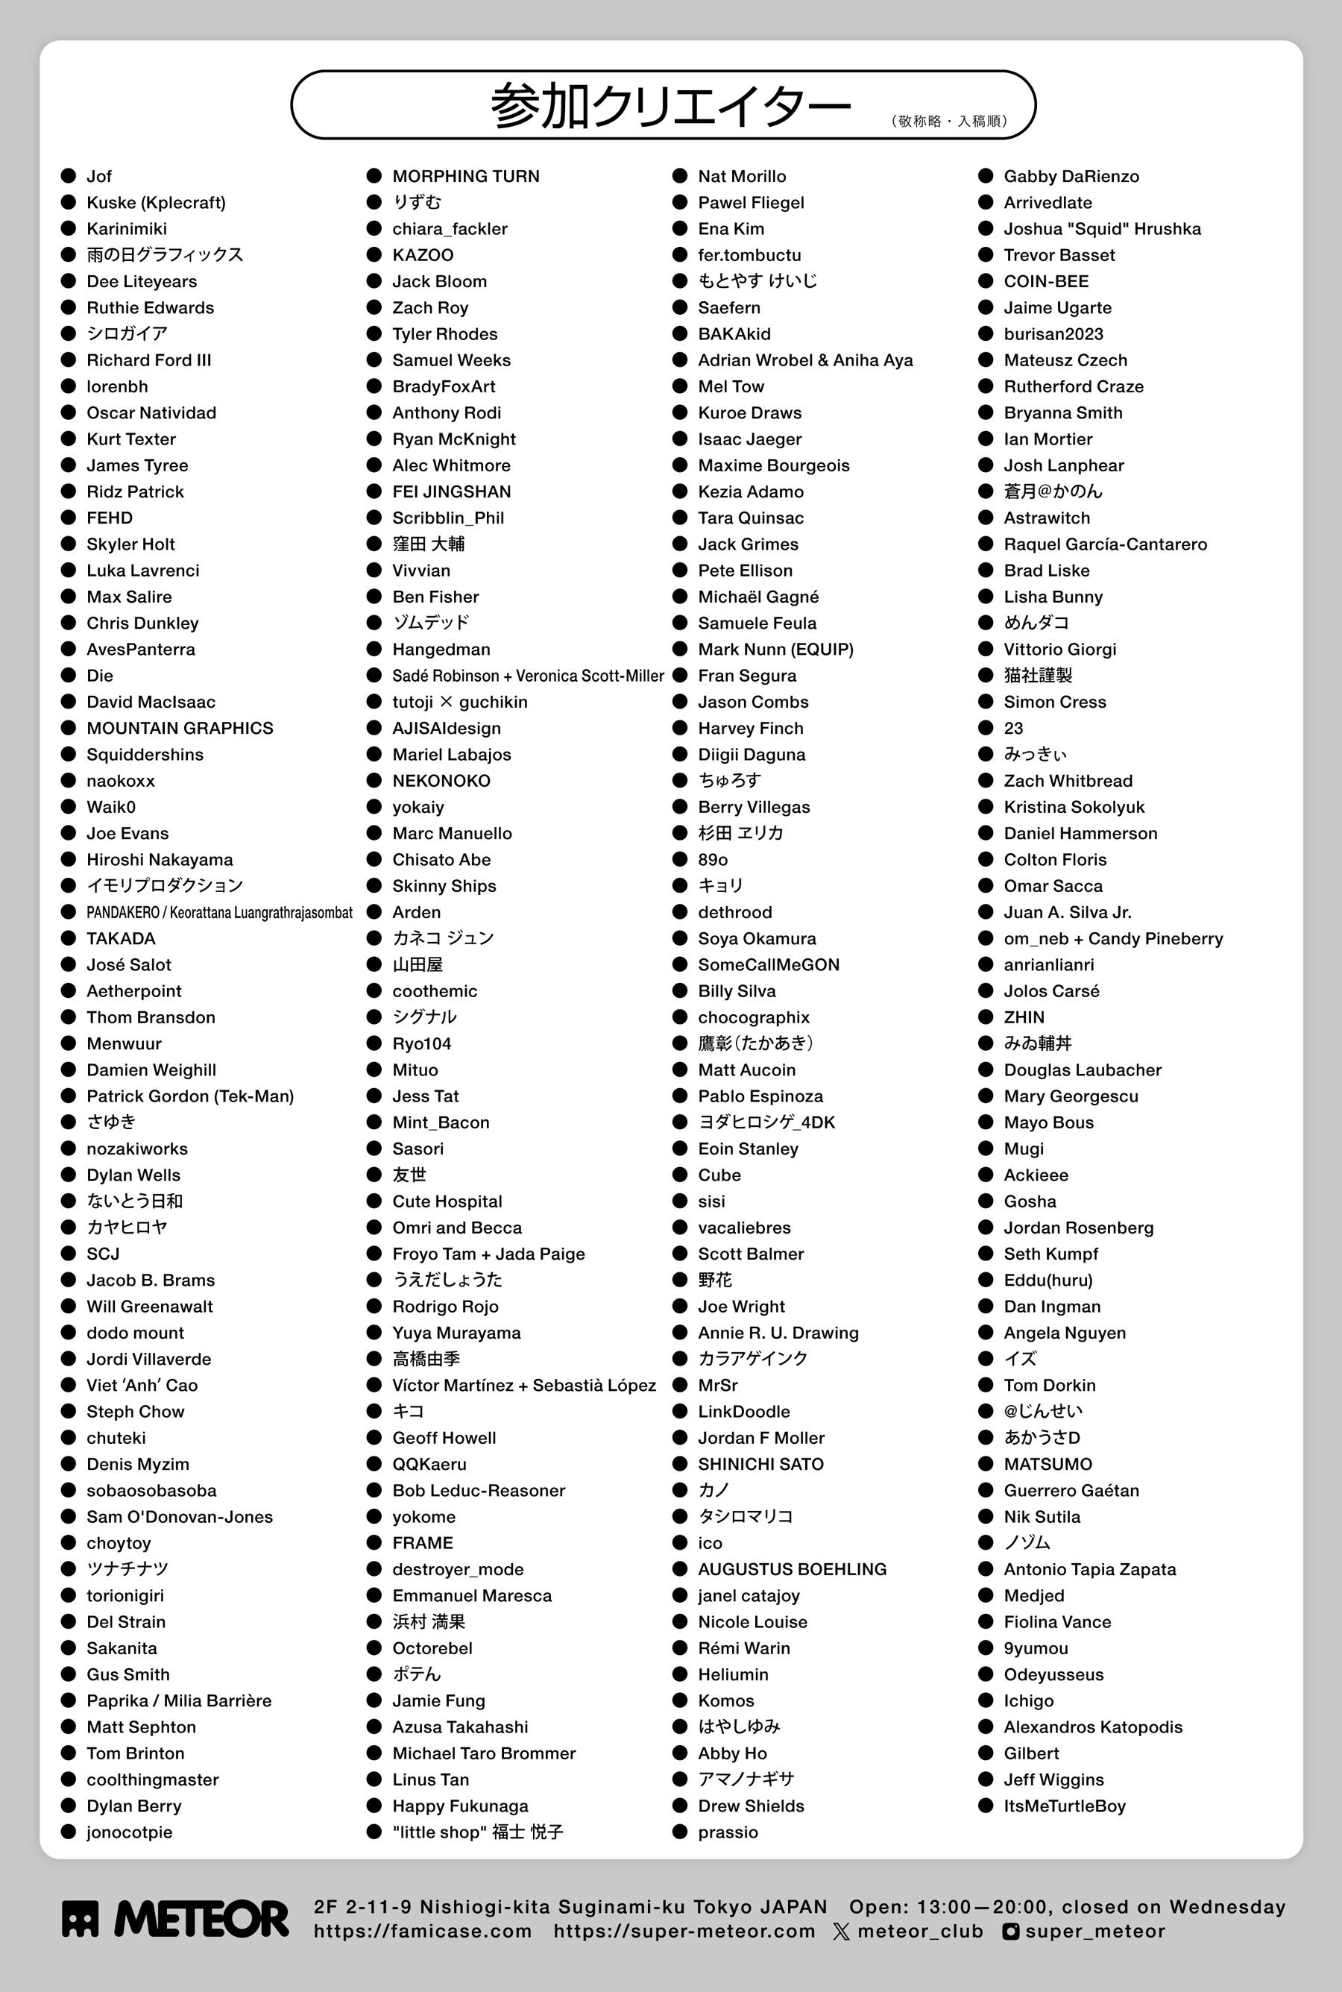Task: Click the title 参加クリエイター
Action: pos(670,105)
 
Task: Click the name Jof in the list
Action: pos(98,176)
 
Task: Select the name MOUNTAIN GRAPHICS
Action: pos(180,729)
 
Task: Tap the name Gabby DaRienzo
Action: pos(1071,176)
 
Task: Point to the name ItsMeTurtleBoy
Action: pos(1064,1806)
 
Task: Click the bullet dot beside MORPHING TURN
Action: pos(374,176)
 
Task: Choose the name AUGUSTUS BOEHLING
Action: pos(792,1569)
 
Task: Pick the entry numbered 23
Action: pos(1013,729)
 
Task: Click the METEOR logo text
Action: pos(201,1918)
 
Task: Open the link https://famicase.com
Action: pos(422,1932)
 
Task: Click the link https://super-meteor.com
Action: pos(684,1932)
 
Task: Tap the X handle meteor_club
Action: pos(919,1932)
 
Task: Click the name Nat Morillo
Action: pos(741,176)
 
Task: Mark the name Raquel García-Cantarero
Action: pos(1105,544)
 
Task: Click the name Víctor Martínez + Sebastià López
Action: pos(524,1385)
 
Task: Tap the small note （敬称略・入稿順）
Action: pos(949,121)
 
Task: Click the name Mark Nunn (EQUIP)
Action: pos(775,650)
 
